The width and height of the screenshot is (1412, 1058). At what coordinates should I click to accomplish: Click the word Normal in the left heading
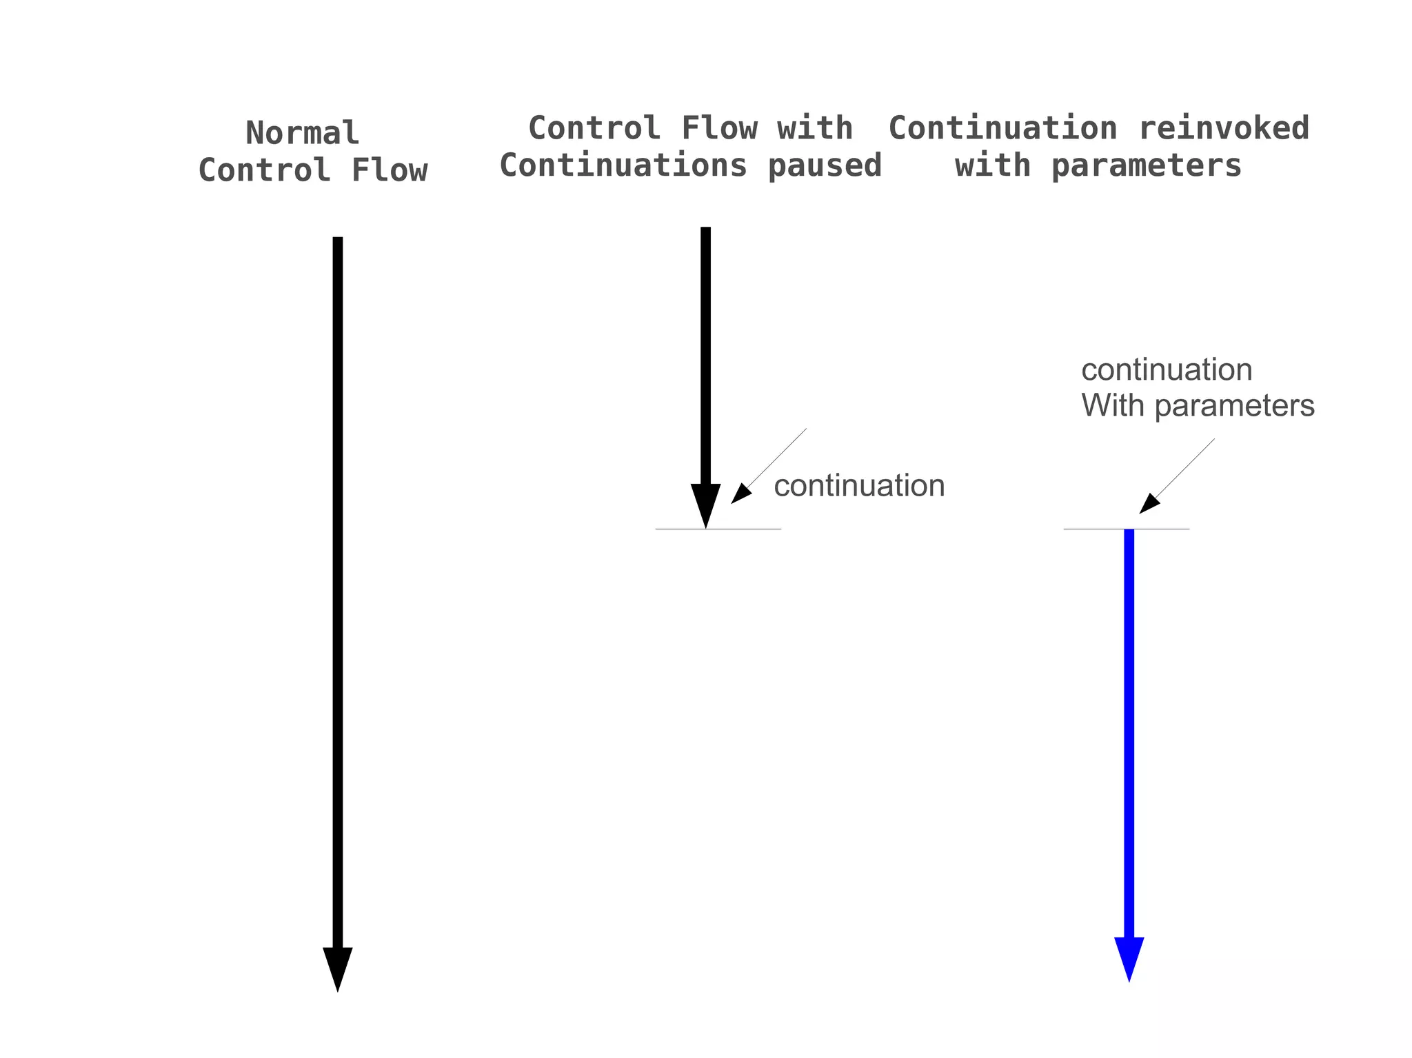pos(302,133)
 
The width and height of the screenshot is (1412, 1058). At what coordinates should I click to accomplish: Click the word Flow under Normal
pos(390,170)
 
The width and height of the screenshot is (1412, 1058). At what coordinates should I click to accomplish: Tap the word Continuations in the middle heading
pos(623,165)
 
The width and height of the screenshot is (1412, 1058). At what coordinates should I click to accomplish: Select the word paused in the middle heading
pos(825,165)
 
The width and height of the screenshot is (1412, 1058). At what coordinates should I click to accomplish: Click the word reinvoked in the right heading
pos(1223,128)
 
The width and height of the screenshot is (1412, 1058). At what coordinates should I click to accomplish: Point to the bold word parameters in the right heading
pos(1146,165)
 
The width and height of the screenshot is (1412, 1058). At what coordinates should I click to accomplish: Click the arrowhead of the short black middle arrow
pos(705,503)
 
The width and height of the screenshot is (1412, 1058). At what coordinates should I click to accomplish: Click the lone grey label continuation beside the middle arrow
pos(859,485)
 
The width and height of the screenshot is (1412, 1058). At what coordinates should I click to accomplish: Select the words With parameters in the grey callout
pos(1198,405)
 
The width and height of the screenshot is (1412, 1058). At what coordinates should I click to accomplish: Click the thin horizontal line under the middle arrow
pos(752,529)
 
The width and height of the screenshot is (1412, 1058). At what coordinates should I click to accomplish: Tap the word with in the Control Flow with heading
pos(815,128)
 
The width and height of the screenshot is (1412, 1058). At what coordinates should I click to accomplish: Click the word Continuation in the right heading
pos(1002,128)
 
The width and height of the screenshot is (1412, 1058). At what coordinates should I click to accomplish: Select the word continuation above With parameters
pos(1167,370)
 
